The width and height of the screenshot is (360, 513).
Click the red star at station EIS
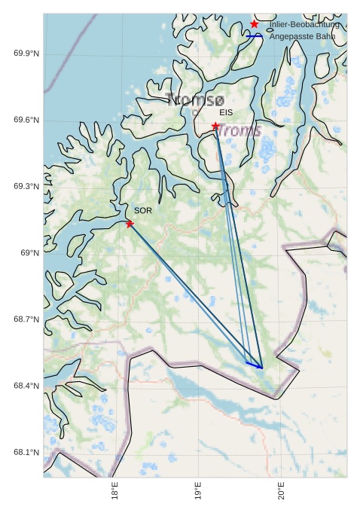(215, 127)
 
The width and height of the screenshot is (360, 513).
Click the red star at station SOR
(130, 224)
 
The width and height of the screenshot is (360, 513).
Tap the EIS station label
(226, 113)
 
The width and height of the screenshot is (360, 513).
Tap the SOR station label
(143, 210)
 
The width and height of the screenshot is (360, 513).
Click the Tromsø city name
(196, 99)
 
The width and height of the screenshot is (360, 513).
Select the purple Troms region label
(240, 130)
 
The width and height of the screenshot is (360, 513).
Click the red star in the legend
(255, 24)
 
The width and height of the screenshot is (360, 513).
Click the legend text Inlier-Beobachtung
(304, 25)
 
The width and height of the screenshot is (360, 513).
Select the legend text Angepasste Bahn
(302, 36)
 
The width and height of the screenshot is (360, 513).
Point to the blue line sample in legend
(255, 35)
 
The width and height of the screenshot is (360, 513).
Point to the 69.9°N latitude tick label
(26, 53)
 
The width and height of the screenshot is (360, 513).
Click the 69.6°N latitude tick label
(26, 121)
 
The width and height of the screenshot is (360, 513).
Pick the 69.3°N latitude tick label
(26, 186)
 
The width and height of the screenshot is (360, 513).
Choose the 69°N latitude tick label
(30, 253)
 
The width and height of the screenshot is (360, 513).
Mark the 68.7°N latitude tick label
(26, 319)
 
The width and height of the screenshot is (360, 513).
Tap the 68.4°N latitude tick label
(26, 386)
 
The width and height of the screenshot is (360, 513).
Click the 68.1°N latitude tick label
(26, 453)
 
